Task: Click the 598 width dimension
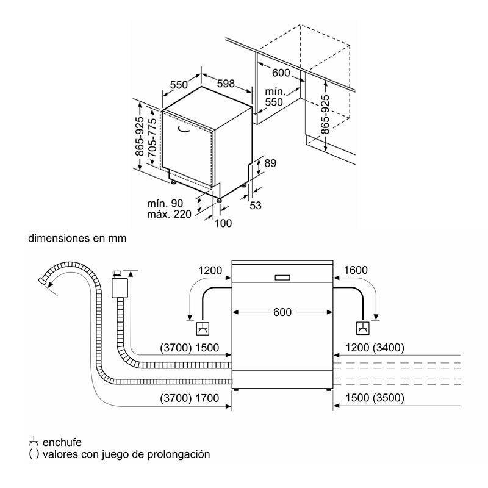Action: click(226, 84)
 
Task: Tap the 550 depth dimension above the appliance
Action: click(179, 85)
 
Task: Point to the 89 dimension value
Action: click(271, 163)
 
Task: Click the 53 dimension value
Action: click(255, 206)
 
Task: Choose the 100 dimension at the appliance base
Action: click(223, 223)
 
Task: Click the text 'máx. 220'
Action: click(169, 213)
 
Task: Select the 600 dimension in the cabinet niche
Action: click(281, 73)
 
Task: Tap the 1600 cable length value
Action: click(356, 270)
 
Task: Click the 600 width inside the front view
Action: click(282, 312)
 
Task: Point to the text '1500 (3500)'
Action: click(373, 398)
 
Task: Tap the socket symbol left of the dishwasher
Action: click(202, 329)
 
